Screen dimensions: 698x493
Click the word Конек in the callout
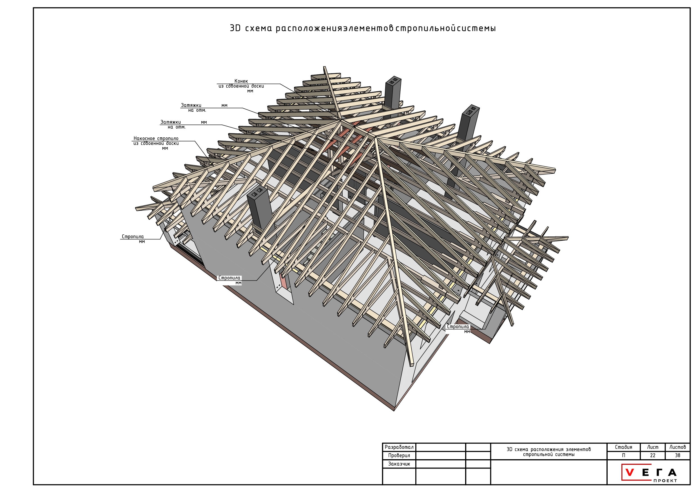point(241,81)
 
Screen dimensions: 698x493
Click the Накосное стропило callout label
point(156,138)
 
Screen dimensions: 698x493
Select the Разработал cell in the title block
point(399,447)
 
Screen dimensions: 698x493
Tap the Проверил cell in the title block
point(399,456)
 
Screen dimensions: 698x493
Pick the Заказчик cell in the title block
point(399,464)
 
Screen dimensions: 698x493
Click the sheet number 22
point(652,456)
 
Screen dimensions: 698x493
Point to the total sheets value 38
point(677,456)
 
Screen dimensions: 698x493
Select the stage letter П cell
point(623,456)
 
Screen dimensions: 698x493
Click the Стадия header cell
point(623,447)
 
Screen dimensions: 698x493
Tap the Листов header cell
point(678,447)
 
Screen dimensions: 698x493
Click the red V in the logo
point(630,473)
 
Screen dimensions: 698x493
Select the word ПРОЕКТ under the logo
point(665,481)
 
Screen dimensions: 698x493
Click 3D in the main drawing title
point(235,28)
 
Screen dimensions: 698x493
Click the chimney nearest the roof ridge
point(393,93)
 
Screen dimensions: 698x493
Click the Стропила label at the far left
point(133,237)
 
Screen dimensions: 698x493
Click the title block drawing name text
point(549,452)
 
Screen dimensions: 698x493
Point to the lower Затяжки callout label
point(171,122)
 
